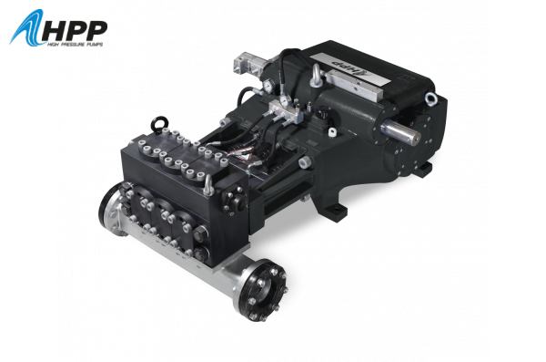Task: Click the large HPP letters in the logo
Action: [75, 30]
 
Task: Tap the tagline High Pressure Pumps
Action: [76, 45]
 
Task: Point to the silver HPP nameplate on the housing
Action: [350, 70]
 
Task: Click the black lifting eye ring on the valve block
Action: [161, 123]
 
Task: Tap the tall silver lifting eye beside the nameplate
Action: [316, 76]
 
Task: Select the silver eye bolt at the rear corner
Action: [430, 98]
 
